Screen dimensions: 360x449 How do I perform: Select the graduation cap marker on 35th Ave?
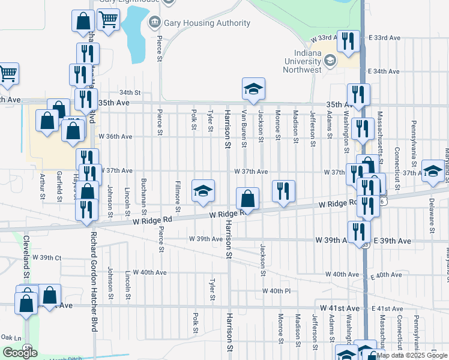tap(253, 90)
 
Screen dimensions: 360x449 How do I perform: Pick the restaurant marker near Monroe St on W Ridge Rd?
tap(283, 192)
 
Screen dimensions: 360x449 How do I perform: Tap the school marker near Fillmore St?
tap(203, 191)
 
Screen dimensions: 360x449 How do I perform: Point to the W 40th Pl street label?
tap(276, 291)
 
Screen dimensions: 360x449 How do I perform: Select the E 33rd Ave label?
tap(385, 38)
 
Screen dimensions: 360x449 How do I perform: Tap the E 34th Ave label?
tap(384, 71)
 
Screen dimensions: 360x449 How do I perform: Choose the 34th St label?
tap(129, 93)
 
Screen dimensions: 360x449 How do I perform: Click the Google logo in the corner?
tap(20, 353)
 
